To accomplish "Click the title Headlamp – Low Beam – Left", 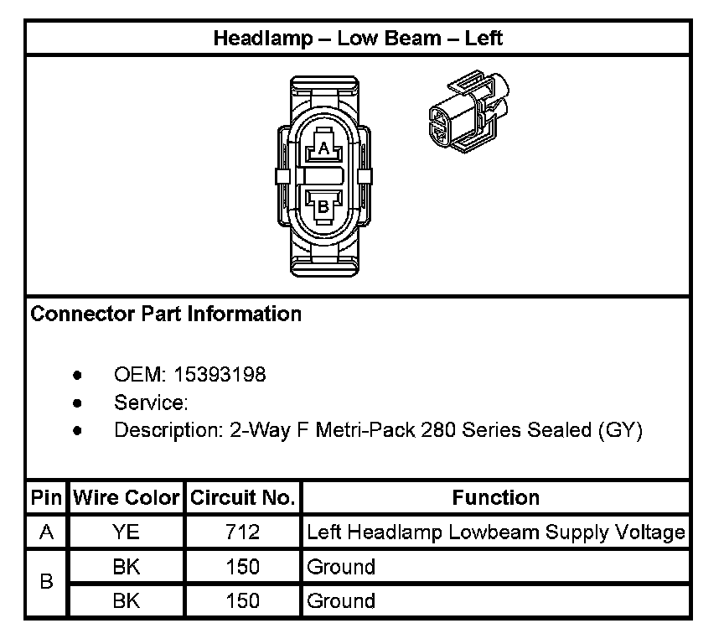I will (358, 39).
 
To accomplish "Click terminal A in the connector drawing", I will (323, 149).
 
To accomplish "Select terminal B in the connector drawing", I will (323, 205).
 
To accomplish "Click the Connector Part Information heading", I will (166, 314).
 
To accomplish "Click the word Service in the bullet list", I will (148, 403).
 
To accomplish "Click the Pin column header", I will (46, 498).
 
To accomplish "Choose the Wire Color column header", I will (127, 498).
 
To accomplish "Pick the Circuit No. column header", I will (243, 498).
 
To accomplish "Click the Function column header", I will (496, 498).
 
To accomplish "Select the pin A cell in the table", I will (46, 532).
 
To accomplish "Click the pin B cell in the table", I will (46, 584).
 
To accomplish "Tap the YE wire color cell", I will (127, 532).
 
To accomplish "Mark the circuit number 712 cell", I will (243, 532).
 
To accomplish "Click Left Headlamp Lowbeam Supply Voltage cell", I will (496, 532).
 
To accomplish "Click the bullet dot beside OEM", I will (78, 375).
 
